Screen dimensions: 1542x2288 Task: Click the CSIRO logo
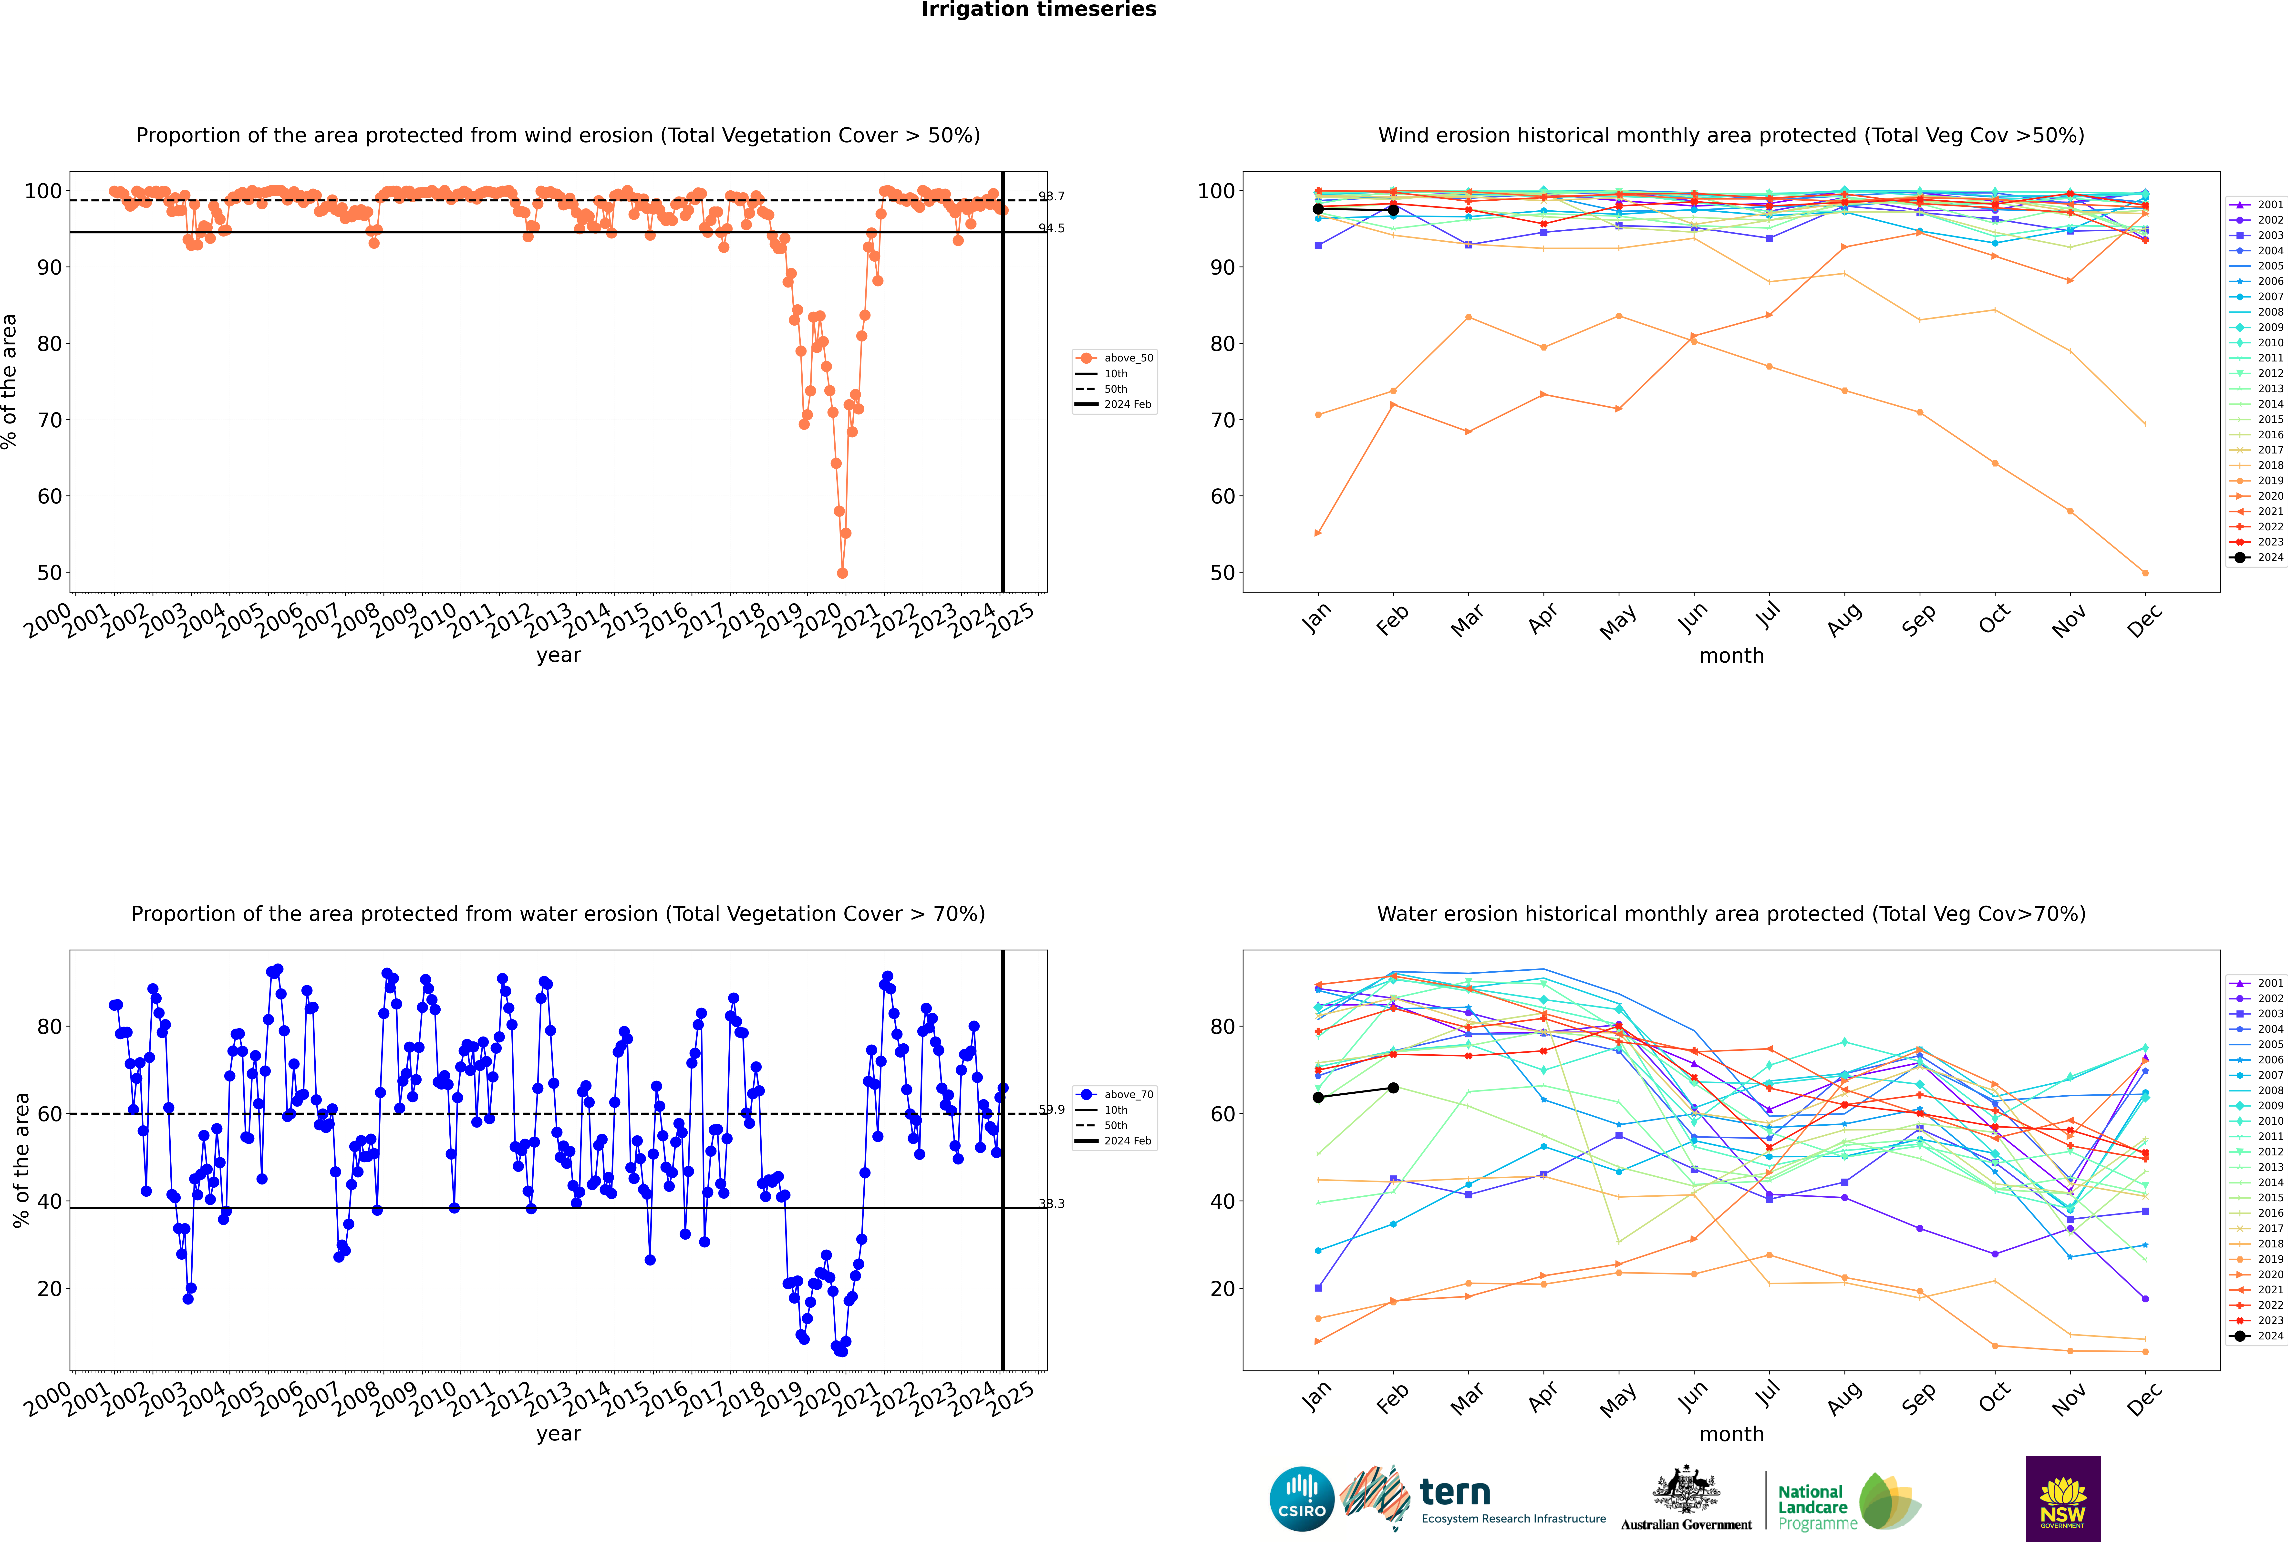pos(1301,1499)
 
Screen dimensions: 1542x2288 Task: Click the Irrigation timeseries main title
pos(1039,10)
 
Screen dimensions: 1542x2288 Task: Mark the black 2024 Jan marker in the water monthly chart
pos(1318,1098)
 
